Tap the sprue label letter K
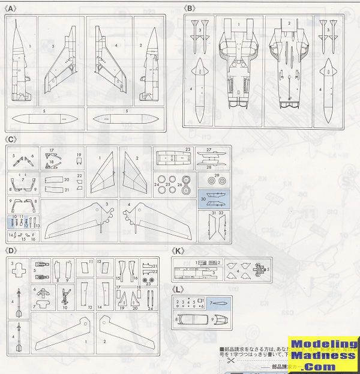click(x=178, y=251)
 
